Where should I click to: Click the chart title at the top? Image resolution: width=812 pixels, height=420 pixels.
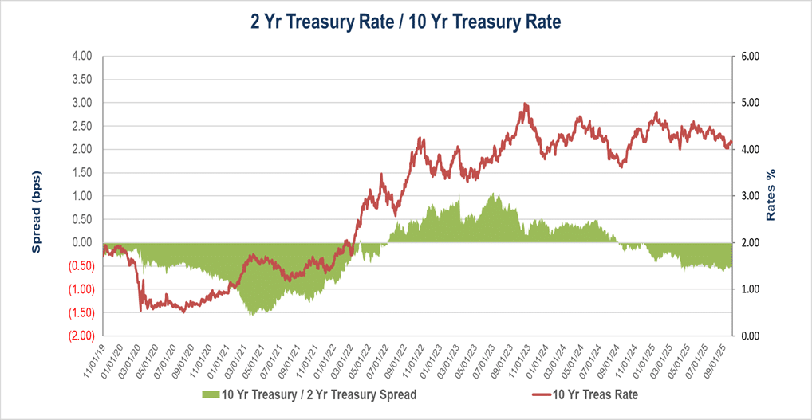coord(406,22)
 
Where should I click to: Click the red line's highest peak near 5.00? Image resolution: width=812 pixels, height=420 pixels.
coord(525,104)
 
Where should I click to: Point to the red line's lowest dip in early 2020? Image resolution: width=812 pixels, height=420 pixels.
coord(141,310)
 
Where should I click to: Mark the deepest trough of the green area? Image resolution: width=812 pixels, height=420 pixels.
coord(252,315)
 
